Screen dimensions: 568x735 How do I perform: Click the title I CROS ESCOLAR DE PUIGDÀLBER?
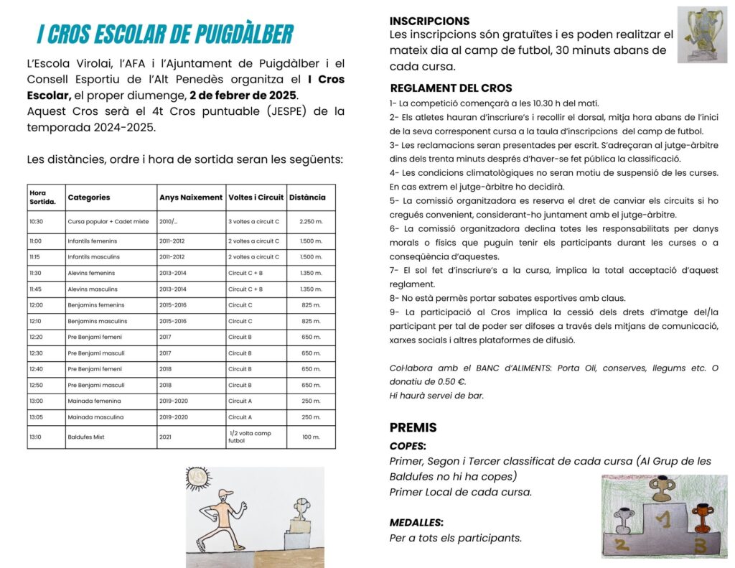pos(165,34)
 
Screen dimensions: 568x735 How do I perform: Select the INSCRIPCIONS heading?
pos(429,21)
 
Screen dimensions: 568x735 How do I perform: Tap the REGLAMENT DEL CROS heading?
pos(451,88)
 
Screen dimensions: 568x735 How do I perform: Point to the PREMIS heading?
pos(413,427)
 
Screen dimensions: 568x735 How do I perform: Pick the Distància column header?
pos(307,197)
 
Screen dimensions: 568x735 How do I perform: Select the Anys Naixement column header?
pos(189,197)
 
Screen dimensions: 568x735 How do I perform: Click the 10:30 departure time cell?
pos(37,222)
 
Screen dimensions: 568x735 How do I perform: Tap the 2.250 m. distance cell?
pos(311,222)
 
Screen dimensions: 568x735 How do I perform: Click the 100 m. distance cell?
pos(311,437)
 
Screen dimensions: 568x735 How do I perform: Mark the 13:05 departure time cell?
pos(37,416)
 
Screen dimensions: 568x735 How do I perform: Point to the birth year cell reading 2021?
pos(167,437)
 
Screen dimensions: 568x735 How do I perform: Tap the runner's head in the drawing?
pos(227,495)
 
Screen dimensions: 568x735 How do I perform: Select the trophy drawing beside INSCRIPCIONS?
pos(702,34)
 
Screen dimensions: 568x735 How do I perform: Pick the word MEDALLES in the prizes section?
pos(416,522)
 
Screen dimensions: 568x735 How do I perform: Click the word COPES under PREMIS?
pos(407,446)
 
